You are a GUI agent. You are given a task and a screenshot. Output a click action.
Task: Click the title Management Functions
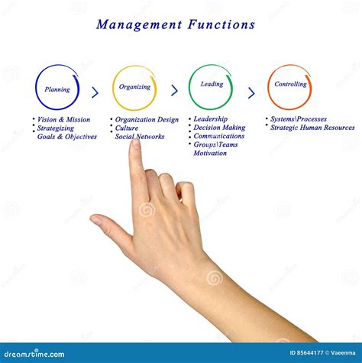(176, 24)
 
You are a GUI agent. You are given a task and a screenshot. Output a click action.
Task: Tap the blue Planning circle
(57, 88)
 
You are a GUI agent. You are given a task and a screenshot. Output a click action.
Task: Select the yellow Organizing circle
(134, 87)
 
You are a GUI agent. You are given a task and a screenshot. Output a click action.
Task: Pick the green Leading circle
(211, 86)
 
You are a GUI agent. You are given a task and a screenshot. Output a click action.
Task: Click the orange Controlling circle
(290, 86)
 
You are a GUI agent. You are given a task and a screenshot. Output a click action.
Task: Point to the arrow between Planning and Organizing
(95, 92)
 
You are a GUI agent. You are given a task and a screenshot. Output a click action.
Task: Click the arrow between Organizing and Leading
(174, 91)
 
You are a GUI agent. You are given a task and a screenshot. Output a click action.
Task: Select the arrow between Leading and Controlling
(251, 92)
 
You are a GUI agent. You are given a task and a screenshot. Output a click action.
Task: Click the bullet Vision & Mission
(64, 120)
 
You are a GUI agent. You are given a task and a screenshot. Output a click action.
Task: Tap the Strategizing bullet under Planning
(55, 128)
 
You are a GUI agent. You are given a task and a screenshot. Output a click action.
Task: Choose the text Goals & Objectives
(67, 137)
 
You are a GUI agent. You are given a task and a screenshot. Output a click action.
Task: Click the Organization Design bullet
(147, 120)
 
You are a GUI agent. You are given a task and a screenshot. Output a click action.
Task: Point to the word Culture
(127, 128)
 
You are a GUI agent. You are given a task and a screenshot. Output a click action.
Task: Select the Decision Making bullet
(219, 128)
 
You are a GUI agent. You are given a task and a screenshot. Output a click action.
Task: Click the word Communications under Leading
(218, 136)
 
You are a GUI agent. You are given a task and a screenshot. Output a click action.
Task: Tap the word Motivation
(210, 153)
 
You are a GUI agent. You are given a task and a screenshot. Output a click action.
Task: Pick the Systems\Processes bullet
(298, 119)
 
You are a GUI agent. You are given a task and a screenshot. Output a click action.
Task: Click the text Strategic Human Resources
(312, 128)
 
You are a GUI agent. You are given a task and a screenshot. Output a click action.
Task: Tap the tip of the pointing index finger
(135, 144)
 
